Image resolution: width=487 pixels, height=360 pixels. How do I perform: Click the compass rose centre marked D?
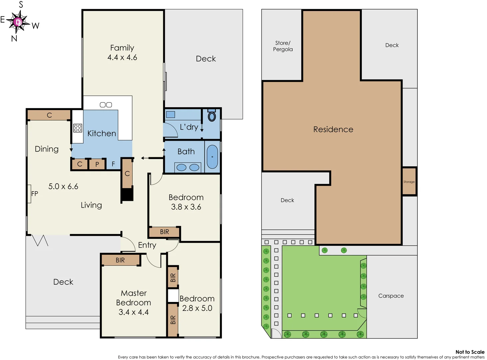(x=18, y=22)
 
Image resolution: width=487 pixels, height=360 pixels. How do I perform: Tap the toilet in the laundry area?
(x=212, y=116)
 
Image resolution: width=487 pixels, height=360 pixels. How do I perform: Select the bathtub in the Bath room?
(x=212, y=157)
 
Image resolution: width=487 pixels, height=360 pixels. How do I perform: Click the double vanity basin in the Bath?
(x=188, y=167)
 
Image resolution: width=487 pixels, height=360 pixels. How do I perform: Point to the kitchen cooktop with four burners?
(x=78, y=128)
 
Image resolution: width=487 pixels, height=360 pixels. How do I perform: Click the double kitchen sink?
(x=106, y=105)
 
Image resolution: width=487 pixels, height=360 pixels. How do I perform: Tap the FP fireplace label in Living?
(x=34, y=194)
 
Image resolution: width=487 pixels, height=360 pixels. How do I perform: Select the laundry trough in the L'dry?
(x=171, y=114)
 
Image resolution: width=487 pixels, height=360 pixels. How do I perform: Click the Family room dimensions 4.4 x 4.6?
(x=122, y=57)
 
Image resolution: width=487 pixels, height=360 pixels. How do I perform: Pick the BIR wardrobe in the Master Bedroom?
(x=120, y=260)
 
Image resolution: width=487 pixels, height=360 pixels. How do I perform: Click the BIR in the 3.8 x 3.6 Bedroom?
(x=165, y=232)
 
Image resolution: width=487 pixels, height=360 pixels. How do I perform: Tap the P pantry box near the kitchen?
(x=97, y=164)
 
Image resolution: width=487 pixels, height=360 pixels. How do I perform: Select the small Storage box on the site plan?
(x=409, y=182)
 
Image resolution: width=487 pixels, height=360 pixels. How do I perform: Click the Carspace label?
(x=391, y=296)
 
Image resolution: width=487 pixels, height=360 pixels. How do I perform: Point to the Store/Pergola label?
(x=283, y=46)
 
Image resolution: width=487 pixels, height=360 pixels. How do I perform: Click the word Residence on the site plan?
(x=333, y=129)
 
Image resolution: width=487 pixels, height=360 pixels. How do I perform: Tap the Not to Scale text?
(x=470, y=352)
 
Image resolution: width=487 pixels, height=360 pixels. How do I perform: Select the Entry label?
(x=147, y=245)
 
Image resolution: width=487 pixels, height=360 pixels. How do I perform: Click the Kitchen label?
(x=102, y=133)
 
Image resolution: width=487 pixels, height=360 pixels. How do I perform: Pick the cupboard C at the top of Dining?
(x=49, y=115)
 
